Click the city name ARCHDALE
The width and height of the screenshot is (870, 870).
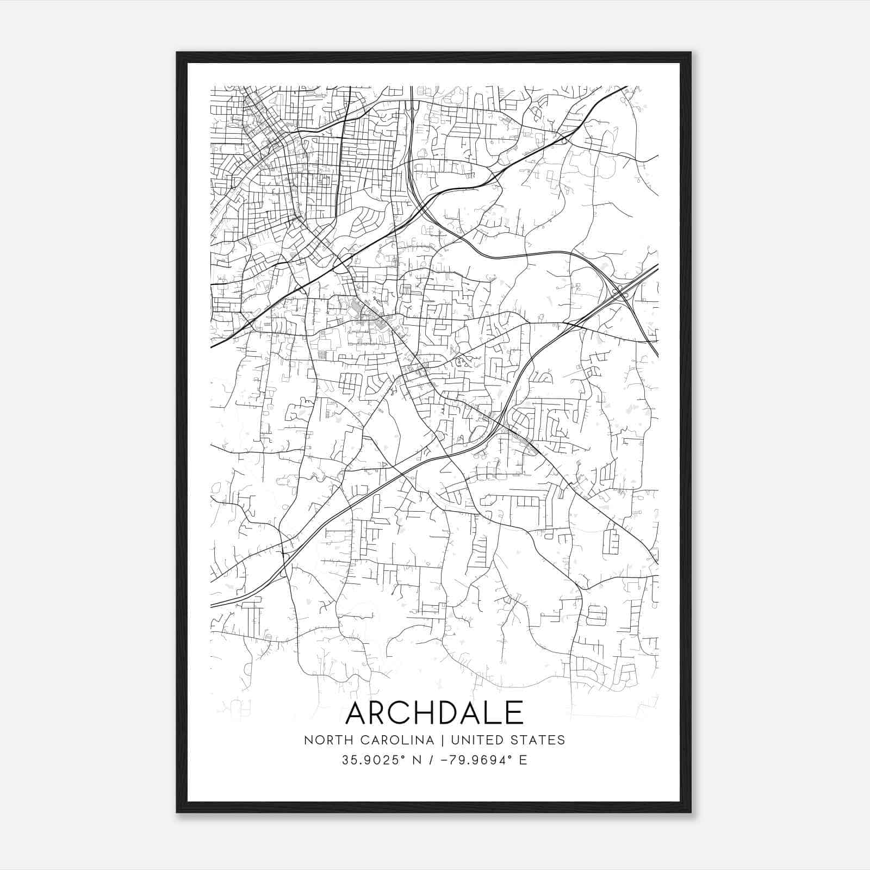pyautogui.click(x=434, y=713)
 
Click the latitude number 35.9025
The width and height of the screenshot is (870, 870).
pyautogui.click(x=369, y=760)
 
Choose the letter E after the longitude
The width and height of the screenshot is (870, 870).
pyautogui.click(x=523, y=760)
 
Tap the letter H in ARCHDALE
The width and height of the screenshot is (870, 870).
pyautogui.click(x=425, y=713)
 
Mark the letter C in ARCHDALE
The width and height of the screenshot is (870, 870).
pyautogui.click(x=401, y=713)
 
